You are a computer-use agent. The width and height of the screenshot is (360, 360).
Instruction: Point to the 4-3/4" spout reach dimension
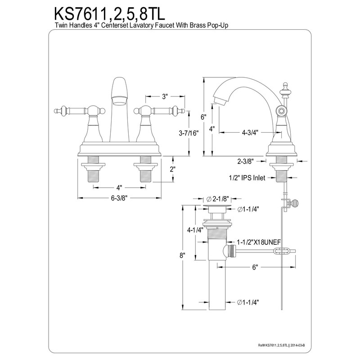coord(250,133)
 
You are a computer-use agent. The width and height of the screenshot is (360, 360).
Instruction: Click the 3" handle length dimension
coord(165,96)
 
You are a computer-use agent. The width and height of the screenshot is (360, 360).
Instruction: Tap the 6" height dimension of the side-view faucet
coord(204,117)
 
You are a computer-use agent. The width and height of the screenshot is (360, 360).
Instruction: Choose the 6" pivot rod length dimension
coord(255,267)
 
